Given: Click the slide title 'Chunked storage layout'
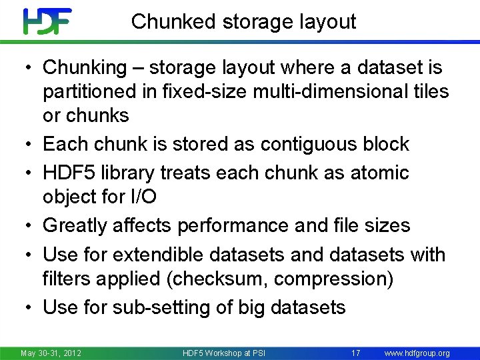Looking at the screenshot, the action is point(243,21).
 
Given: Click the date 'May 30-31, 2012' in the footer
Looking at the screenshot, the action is point(51,353).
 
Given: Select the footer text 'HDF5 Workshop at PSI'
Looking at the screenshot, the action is point(223,353).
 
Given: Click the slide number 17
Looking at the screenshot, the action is point(355,353).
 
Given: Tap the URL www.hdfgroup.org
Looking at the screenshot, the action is point(417,353).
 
